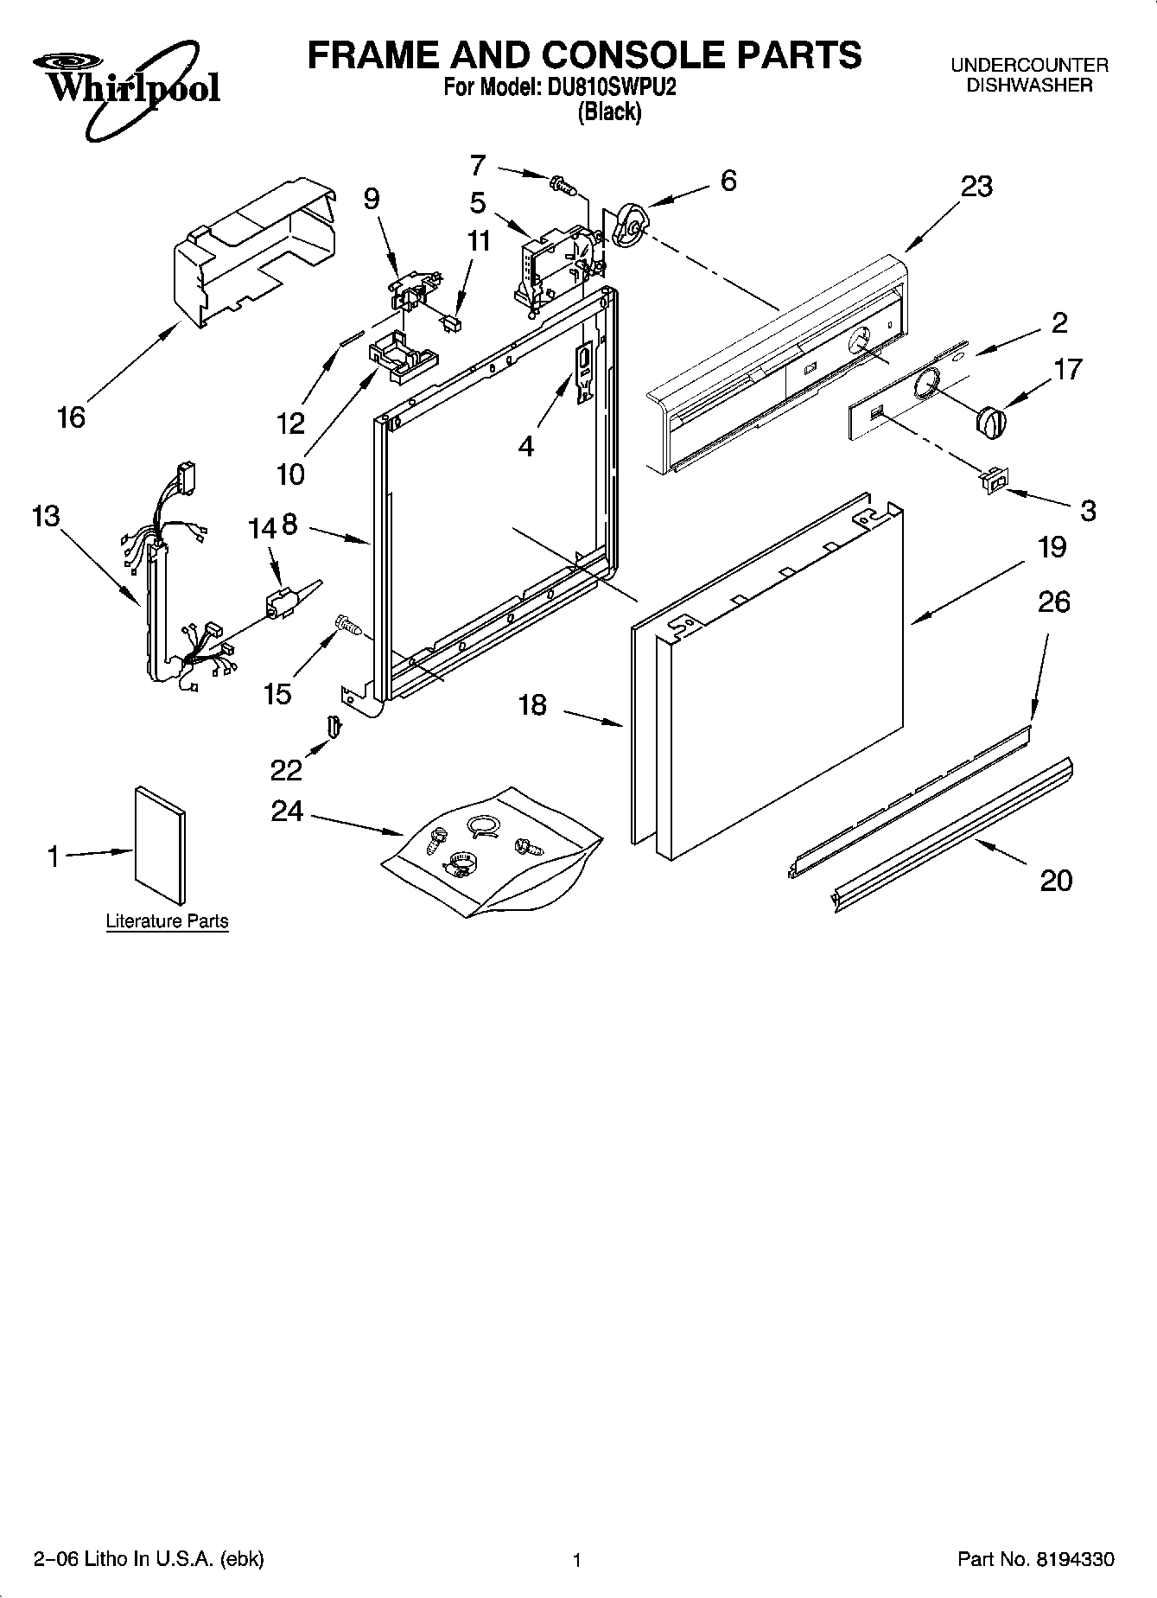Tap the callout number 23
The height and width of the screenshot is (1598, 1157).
point(976,187)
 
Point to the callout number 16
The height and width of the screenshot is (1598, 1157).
point(71,417)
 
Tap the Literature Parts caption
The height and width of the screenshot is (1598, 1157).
point(167,921)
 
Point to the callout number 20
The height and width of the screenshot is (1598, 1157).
point(1056,881)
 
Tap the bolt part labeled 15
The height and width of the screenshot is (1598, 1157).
point(346,624)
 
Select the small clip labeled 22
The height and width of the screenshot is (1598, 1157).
point(334,726)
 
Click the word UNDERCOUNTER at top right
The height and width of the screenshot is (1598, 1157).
point(1029,65)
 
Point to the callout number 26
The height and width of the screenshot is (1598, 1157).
point(1053,602)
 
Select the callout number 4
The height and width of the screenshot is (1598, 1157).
point(525,446)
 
